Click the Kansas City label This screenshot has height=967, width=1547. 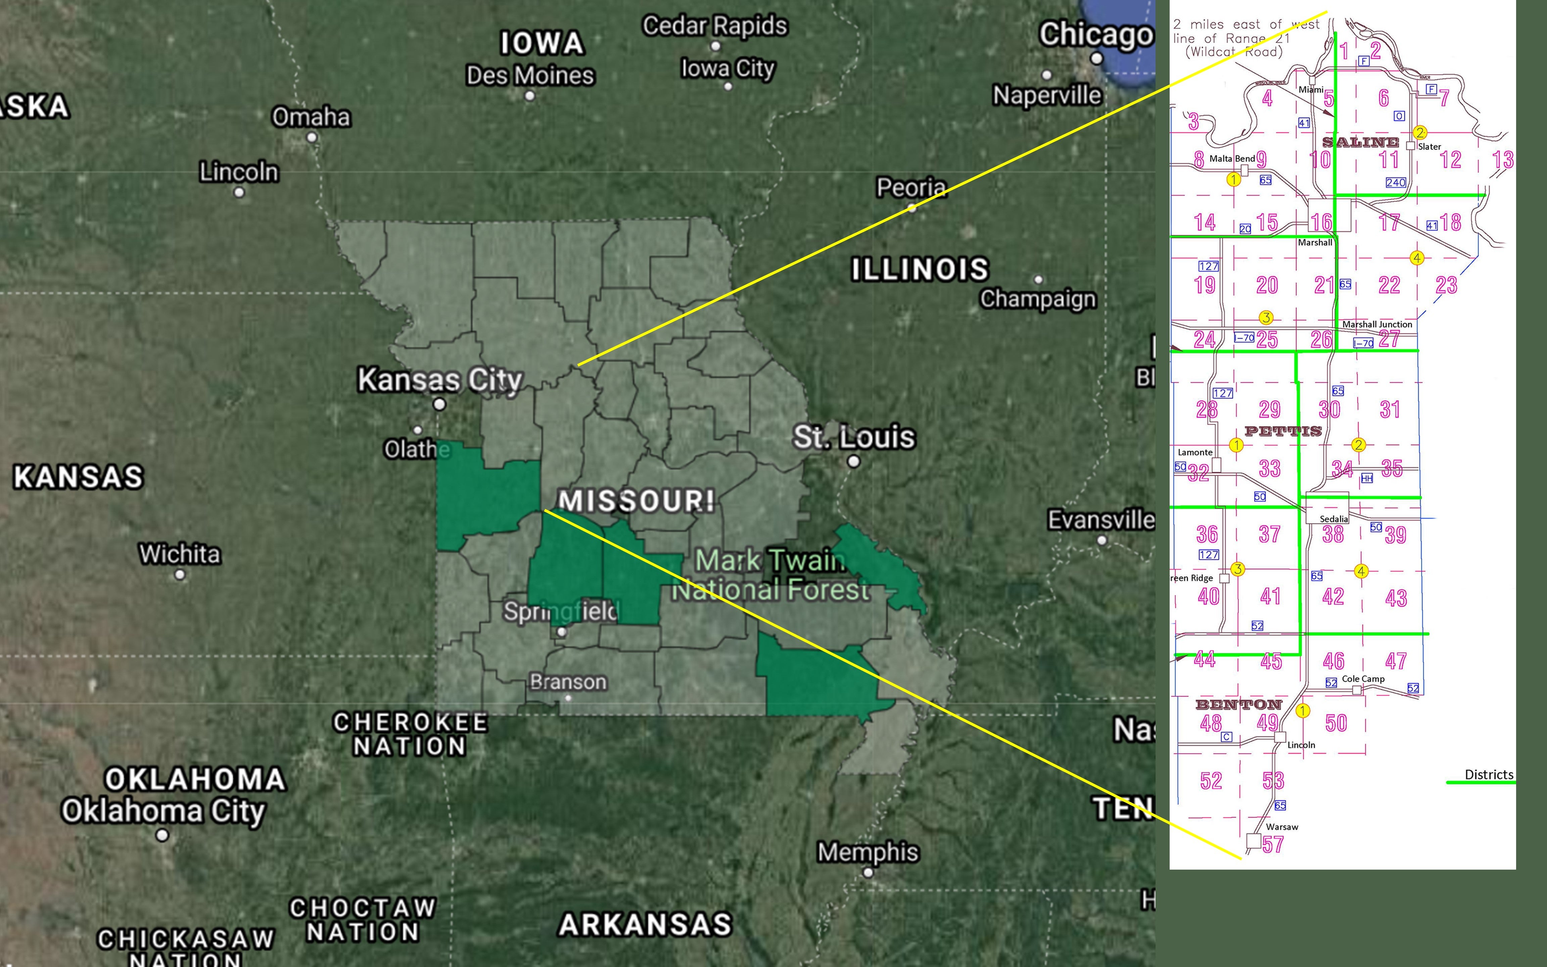440,380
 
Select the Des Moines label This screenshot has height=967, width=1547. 530,76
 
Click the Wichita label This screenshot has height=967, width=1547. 180,554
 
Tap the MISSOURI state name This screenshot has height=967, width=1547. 636,501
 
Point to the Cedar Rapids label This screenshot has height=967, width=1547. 715,26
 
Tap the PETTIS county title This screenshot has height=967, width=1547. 1283,431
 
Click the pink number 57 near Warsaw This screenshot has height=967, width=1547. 1273,844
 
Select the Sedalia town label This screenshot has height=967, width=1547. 1333,519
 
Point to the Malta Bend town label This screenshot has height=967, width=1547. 1232,158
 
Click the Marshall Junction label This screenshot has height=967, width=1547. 1377,324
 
